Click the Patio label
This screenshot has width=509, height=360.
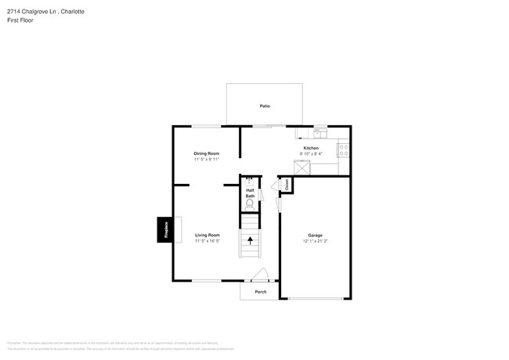click(265, 106)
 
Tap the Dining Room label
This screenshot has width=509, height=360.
click(206, 153)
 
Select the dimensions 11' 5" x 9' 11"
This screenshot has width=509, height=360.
click(206, 160)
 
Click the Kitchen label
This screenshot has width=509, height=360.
click(310, 148)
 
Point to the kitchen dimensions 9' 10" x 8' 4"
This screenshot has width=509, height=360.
click(310, 154)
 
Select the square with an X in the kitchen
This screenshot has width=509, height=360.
click(302, 168)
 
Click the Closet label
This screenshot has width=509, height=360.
click(287, 185)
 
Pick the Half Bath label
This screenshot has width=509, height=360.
click(250, 193)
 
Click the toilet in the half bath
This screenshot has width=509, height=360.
click(250, 204)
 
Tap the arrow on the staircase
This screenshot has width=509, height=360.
click(250, 239)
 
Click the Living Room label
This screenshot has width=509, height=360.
click(207, 235)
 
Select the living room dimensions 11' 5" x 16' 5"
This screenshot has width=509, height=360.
click(207, 241)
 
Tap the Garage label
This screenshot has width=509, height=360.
click(315, 235)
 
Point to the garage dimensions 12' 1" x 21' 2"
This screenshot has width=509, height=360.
click(315, 241)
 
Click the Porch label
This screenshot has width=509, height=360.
click(260, 292)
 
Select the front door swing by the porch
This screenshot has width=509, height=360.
click(261, 275)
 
